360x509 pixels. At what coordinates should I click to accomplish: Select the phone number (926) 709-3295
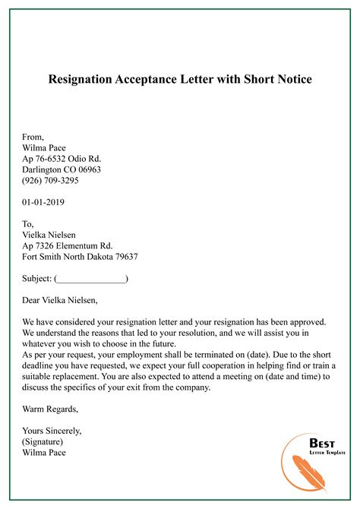click(51, 181)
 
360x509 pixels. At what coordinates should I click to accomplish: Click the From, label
click(33, 138)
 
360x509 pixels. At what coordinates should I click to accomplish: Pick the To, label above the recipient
click(29, 224)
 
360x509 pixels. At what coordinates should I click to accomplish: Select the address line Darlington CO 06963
click(62, 170)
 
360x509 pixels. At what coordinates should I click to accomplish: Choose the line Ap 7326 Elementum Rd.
click(68, 246)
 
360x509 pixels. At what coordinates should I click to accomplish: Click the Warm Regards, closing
click(50, 409)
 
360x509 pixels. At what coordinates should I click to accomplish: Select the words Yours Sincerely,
click(52, 431)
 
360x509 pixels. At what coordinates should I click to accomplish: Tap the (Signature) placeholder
click(43, 441)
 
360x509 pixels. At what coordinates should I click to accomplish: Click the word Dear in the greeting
click(33, 300)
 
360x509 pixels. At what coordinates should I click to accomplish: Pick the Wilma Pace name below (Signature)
click(45, 453)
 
